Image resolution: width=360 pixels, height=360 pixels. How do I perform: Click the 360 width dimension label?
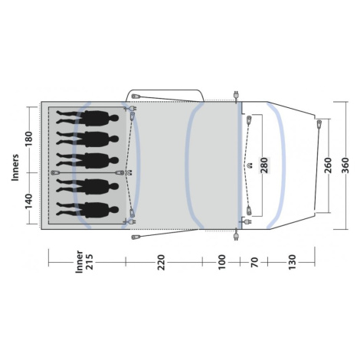pos(345,165)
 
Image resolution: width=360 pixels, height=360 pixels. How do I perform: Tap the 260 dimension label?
pos(328,165)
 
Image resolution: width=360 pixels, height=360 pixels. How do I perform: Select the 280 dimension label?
pos(264,165)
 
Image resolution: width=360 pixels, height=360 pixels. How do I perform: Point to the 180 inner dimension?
pos(29,139)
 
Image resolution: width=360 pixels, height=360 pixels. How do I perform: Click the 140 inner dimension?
pos(29,201)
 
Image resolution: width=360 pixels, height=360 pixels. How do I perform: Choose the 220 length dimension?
pos(161,262)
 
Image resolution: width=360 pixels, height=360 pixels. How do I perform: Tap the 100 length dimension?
pos(221,262)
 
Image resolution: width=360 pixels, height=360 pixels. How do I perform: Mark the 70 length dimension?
pos(254,263)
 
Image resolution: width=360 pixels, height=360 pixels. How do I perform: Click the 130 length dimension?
pos(292,262)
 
